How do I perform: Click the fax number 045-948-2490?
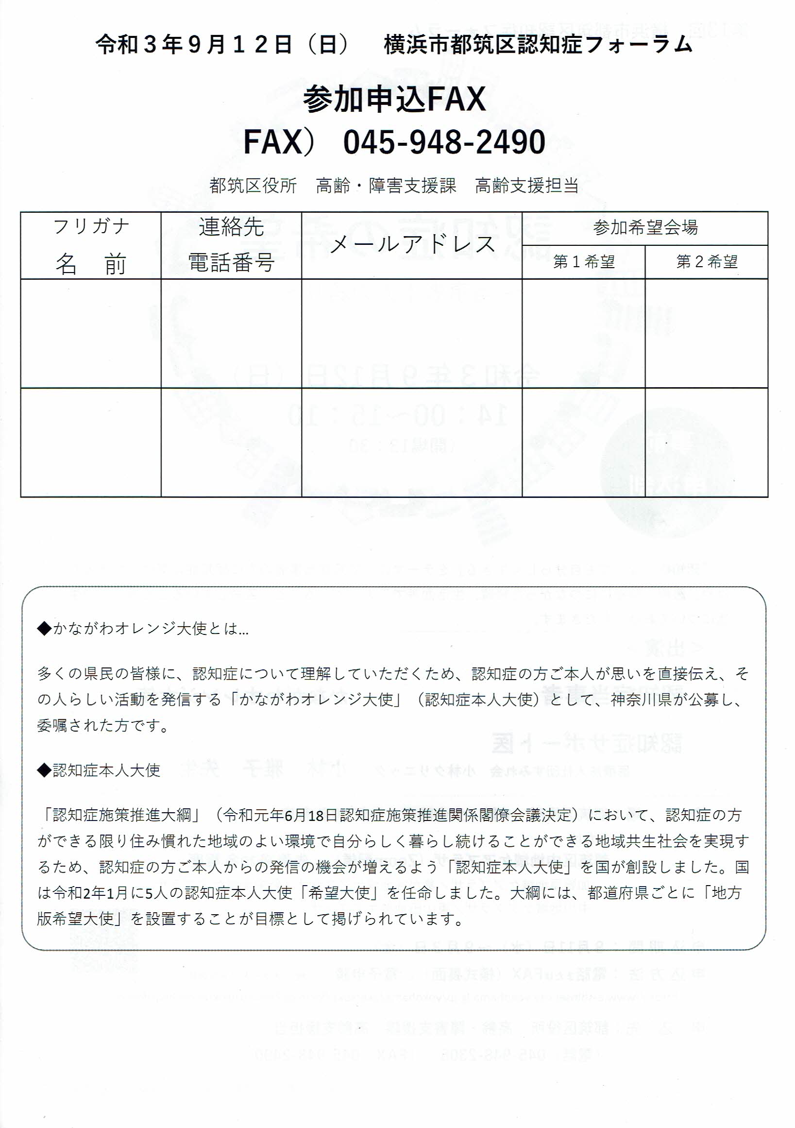pos(444,142)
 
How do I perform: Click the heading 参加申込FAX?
pos(394,99)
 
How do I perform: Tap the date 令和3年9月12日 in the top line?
pos(194,45)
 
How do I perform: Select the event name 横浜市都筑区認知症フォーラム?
pos(538,45)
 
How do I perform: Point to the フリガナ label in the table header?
pos(91,227)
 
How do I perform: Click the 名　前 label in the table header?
pos(91,264)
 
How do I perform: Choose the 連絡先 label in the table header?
pos(231,227)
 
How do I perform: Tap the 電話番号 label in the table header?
pos(231,263)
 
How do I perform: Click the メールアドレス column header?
pos(411,245)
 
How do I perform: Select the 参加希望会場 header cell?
pos(645,228)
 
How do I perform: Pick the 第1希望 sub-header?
pos(583,262)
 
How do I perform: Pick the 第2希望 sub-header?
pos(707,262)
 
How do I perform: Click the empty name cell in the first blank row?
pos(91,333)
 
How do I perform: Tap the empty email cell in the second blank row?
pos(411,442)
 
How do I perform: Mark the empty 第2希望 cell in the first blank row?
pos(707,333)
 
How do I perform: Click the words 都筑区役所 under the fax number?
pos(253,186)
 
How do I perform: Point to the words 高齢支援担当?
pos(526,186)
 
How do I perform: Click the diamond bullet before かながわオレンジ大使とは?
pos(44,629)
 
